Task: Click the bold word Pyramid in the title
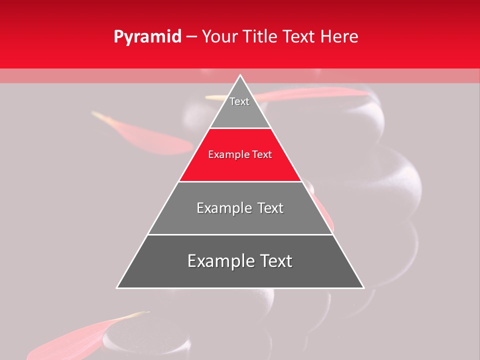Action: [147, 37]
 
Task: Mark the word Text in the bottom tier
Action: [274, 261]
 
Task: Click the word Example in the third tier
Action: [222, 208]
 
